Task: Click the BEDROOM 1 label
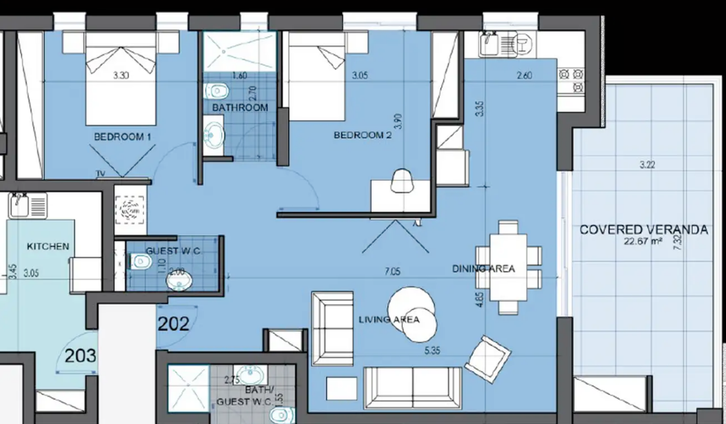(123, 137)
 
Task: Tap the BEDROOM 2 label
(362, 135)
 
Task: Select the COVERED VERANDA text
(644, 230)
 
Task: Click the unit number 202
(173, 324)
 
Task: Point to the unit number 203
(81, 355)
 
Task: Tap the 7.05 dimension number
(393, 271)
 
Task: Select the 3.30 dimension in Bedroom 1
(121, 75)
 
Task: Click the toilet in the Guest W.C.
(140, 261)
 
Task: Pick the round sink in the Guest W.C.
(179, 281)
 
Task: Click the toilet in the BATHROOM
(216, 91)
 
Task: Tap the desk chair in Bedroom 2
(402, 181)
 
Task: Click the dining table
(508, 268)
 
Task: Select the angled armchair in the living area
(488, 360)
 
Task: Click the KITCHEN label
(48, 246)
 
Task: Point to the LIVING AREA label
(389, 320)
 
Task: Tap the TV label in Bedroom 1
(100, 174)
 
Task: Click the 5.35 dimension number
(432, 350)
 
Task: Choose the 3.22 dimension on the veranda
(647, 165)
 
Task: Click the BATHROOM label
(240, 108)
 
